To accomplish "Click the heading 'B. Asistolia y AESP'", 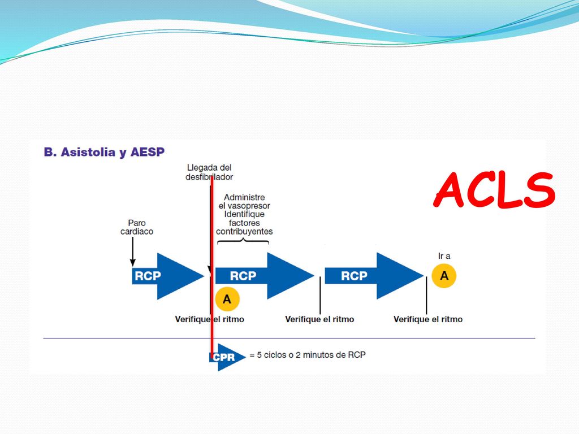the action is click(104, 152).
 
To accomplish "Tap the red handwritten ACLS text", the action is click(494, 190).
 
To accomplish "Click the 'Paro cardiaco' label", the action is click(137, 227).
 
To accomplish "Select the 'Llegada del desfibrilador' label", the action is click(209, 172).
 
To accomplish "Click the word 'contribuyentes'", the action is click(244, 232).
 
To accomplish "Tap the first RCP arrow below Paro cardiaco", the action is click(168, 276).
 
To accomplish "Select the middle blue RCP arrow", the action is click(265, 276).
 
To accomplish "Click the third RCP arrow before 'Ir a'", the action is click(374, 276).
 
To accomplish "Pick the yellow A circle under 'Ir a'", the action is click(444, 276).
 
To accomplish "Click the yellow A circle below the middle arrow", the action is click(227, 299).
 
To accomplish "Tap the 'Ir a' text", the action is click(444, 256).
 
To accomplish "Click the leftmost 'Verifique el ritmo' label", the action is click(209, 319).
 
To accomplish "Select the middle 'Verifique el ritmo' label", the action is click(319, 319).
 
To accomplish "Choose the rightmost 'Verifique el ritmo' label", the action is click(428, 319).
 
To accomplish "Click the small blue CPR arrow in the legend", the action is click(227, 357).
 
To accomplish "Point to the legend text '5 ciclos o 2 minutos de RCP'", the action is click(312, 355).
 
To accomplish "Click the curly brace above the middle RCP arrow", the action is click(243, 241).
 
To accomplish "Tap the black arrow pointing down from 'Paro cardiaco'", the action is click(133, 251).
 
